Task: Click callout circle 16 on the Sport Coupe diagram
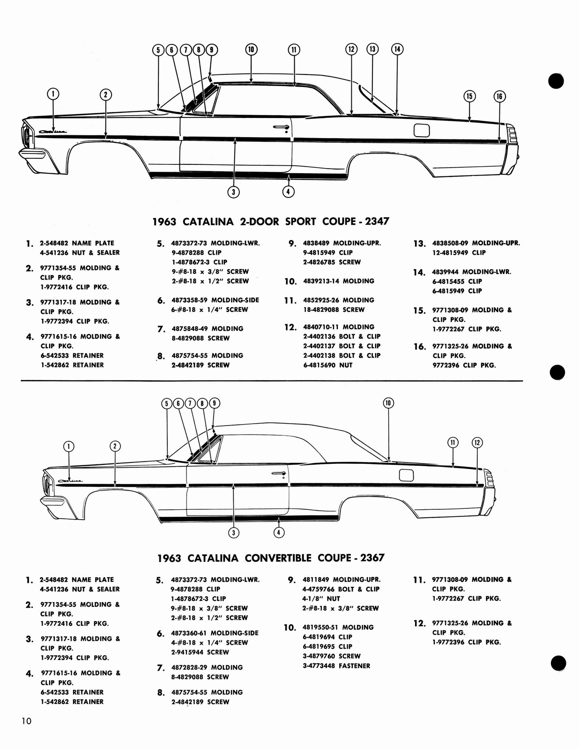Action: (x=499, y=96)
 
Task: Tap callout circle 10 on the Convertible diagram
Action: (x=388, y=403)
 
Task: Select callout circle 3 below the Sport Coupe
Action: (x=233, y=191)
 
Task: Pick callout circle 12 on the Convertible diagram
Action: (x=477, y=442)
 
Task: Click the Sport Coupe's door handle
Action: (x=281, y=127)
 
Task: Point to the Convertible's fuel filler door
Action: (x=407, y=475)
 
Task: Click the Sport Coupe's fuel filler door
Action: (x=422, y=130)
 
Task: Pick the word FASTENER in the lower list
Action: (x=355, y=666)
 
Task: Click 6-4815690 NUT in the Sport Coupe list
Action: (x=327, y=365)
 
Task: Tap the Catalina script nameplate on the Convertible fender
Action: (x=70, y=481)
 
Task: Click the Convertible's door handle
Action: (x=279, y=474)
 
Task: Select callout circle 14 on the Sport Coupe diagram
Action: (x=397, y=49)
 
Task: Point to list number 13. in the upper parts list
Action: (x=419, y=244)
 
